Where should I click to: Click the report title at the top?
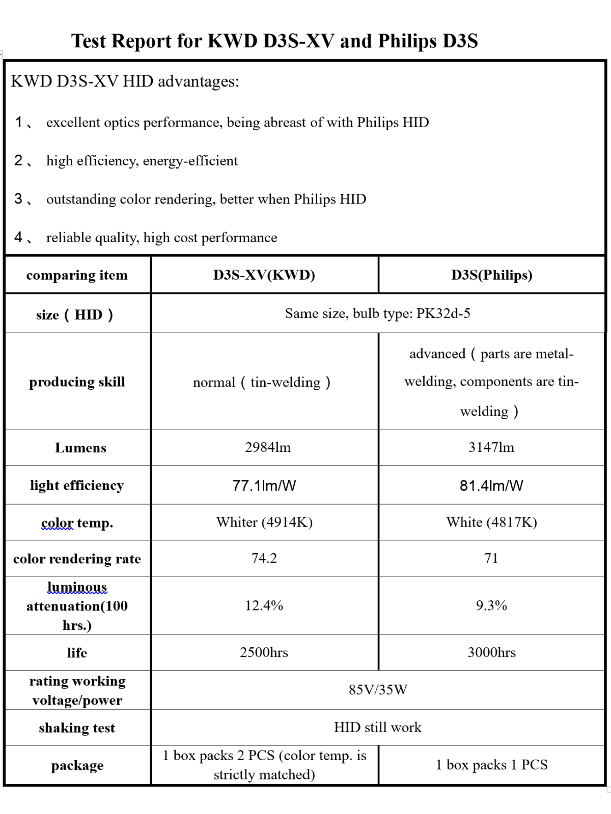click(x=274, y=41)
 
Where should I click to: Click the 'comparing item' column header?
click(x=77, y=275)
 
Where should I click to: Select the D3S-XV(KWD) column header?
click(x=264, y=275)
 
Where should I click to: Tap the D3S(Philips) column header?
click(x=491, y=275)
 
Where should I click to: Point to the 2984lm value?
click(x=268, y=447)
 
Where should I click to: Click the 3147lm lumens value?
click(x=491, y=447)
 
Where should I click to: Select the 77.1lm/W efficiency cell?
click(x=264, y=485)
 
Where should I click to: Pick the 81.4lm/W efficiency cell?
click(x=491, y=485)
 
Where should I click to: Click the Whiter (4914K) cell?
click(x=264, y=522)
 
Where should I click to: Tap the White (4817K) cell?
click(x=491, y=522)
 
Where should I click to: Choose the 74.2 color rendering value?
click(x=264, y=558)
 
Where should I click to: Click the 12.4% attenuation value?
click(x=264, y=605)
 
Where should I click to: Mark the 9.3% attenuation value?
click(x=491, y=605)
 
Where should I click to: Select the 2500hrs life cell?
click(x=264, y=652)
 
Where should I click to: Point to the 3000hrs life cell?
click(x=491, y=652)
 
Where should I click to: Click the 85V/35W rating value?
click(x=378, y=689)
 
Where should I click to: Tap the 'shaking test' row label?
click(x=77, y=728)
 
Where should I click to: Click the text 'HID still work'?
click(x=378, y=727)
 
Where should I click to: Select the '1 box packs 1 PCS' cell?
click(x=491, y=765)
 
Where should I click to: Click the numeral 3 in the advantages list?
click(x=18, y=198)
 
